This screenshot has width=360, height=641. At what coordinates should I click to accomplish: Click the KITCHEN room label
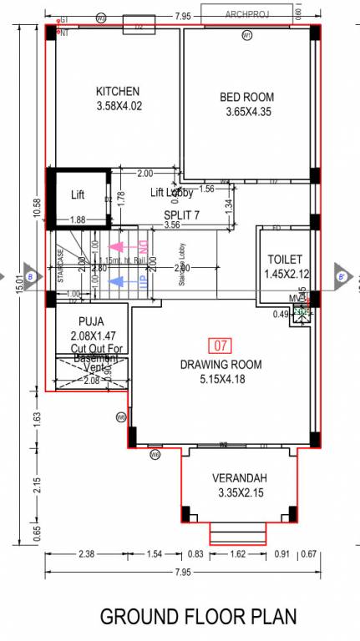[118, 91]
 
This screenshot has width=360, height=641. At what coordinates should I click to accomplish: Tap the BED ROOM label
[246, 98]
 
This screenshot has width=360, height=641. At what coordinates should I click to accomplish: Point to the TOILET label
[285, 260]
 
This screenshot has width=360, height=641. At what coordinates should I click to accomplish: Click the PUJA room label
[91, 321]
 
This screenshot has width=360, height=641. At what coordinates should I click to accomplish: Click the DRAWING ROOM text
[221, 365]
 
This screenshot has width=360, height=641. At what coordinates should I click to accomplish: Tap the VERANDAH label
[238, 477]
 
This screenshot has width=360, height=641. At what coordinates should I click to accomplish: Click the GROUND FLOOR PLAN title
[198, 618]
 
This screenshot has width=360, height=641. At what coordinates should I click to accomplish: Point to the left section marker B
[29, 276]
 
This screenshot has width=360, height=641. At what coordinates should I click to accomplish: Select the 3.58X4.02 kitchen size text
[118, 106]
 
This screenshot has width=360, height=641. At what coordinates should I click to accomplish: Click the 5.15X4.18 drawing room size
[221, 380]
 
